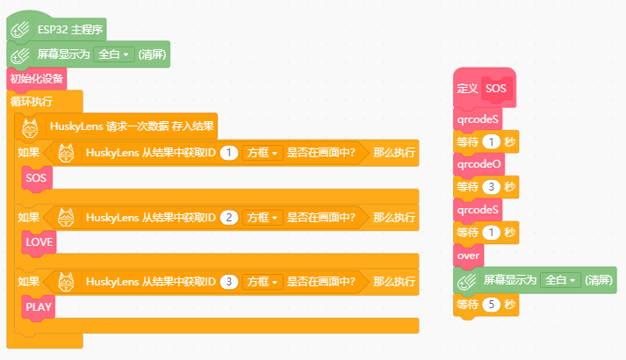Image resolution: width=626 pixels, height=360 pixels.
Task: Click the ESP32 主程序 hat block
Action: [56, 29]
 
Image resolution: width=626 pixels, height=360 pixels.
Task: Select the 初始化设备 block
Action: [36, 79]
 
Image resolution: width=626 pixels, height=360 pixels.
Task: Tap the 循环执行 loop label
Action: [32, 101]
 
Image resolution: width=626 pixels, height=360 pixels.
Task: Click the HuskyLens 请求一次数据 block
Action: [116, 126]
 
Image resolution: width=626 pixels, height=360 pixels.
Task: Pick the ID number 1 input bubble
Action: [229, 153]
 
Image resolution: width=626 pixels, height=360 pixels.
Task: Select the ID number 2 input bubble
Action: [229, 218]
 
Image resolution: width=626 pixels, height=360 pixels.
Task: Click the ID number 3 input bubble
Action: [229, 282]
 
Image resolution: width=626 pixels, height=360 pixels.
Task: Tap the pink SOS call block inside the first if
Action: [37, 178]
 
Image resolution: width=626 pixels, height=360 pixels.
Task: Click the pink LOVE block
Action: [40, 242]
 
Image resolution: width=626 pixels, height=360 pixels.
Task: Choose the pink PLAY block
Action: [39, 307]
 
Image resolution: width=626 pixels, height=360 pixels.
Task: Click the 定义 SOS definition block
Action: [485, 88]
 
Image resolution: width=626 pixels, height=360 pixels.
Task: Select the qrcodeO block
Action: [479, 164]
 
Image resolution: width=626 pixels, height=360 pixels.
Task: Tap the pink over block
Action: [468, 256]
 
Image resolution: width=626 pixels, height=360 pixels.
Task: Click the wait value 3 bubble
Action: [491, 187]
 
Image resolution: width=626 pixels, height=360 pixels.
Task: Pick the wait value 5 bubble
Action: [491, 305]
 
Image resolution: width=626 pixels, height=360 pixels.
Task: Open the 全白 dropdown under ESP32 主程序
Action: [114, 54]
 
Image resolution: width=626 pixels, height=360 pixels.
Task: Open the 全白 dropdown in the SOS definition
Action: [560, 280]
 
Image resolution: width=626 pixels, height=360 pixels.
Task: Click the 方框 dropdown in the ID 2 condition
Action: [263, 218]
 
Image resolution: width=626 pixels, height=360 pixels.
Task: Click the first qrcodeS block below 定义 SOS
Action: [478, 119]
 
